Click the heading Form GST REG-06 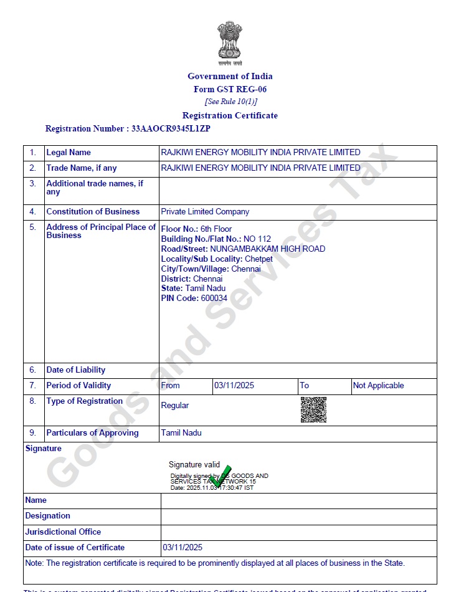point(230,89)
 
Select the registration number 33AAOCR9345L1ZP point(171,129)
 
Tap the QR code point(313,409)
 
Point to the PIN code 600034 point(214,298)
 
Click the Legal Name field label point(69,153)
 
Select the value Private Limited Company point(205,212)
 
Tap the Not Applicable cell point(378,386)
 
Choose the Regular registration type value point(175,406)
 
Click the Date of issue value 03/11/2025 point(183,548)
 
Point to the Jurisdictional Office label point(63,532)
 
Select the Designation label point(47,516)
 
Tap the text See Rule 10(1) point(230,102)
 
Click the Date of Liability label point(76,370)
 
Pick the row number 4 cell point(33,212)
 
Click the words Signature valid point(194,465)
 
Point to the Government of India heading point(230,76)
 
